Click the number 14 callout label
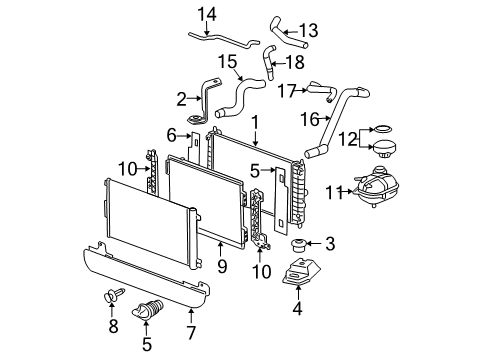[206, 13]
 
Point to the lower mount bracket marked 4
[299, 275]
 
